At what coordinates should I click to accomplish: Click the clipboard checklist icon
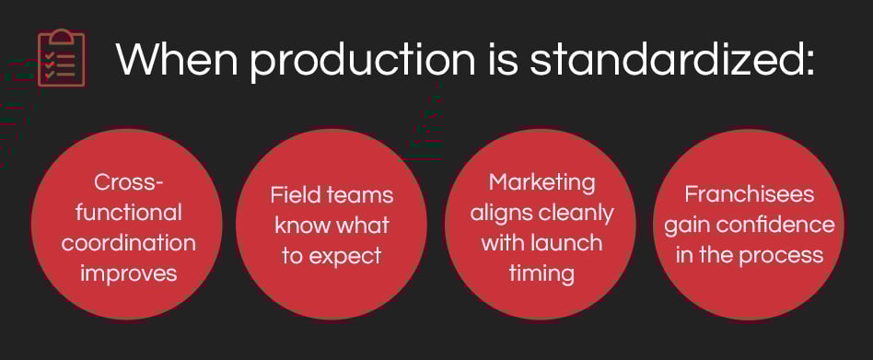pyautogui.click(x=62, y=58)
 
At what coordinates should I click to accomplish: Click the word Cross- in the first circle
pyautogui.click(x=129, y=182)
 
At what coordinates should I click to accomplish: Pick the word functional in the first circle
pyautogui.click(x=129, y=213)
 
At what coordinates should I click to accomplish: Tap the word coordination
pyautogui.click(x=129, y=243)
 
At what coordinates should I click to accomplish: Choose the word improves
pyautogui.click(x=129, y=274)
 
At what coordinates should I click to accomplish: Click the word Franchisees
pyautogui.click(x=750, y=194)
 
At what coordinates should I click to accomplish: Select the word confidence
pyautogui.click(x=775, y=226)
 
